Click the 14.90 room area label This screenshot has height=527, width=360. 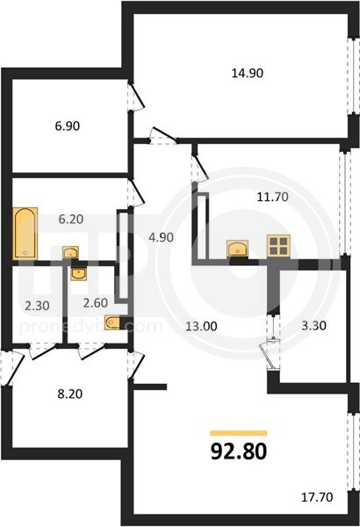coord(248,73)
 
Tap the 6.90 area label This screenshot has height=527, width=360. coord(68,126)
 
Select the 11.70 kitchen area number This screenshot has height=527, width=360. coord(272,197)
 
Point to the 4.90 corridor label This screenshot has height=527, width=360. coord(161,237)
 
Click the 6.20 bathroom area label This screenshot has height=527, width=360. coord(70,219)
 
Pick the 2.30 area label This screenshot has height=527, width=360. coord(37,306)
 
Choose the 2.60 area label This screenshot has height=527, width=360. coord(96,303)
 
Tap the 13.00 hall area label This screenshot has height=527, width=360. coord(202,326)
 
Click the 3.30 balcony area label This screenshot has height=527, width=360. coord(314,325)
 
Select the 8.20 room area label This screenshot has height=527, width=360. coord(70,393)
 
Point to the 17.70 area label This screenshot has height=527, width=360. coord(317,497)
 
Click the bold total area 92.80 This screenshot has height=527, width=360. coord(239,451)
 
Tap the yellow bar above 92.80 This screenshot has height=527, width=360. coord(239,433)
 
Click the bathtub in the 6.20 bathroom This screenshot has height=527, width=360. coord(25,234)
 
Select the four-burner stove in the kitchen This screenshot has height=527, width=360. coord(278,246)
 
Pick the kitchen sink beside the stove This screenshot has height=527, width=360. coord(238,249)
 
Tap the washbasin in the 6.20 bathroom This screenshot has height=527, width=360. coord(70,252)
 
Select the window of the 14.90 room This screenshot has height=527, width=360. coord(353,76)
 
